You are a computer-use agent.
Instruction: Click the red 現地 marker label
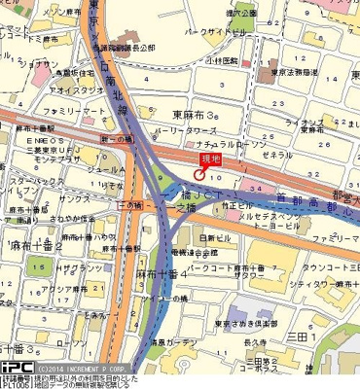211,158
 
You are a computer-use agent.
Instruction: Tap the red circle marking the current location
198,174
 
